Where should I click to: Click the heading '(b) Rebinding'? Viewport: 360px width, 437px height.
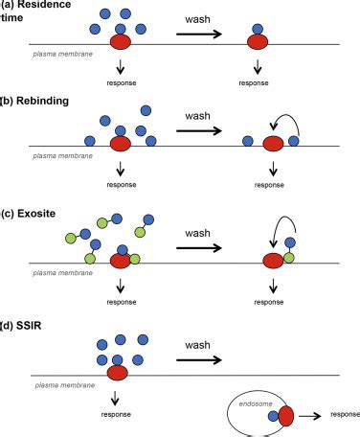34,101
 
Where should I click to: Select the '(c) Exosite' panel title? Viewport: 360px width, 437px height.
29,214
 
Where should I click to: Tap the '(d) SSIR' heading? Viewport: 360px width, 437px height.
21,326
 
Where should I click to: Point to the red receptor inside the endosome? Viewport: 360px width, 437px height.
286,416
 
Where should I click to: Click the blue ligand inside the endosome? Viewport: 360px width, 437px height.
273,416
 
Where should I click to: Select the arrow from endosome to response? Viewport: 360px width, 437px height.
310,416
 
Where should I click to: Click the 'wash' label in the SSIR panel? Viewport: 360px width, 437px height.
197,345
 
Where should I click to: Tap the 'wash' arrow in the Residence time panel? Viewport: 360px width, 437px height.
199,34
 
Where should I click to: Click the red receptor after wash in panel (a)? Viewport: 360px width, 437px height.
258,42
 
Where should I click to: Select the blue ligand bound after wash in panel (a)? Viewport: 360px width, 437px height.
258,29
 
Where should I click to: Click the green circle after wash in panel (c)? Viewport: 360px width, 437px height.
289,258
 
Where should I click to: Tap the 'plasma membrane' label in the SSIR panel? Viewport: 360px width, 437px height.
65,385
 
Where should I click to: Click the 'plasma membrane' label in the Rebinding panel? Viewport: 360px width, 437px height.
63,156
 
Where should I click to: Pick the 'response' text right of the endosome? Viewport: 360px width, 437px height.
345,414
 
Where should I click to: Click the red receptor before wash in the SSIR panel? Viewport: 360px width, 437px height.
118,373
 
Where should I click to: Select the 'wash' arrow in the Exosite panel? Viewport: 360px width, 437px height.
199,248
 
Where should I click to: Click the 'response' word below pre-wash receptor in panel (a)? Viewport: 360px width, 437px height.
122,83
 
